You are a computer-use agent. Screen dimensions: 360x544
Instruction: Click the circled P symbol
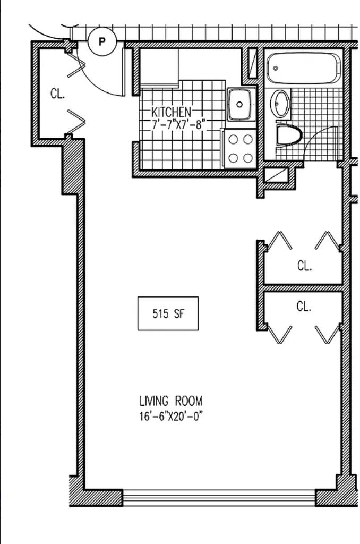pos(101,41)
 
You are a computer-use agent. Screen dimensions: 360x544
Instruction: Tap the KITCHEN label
pos(171,112)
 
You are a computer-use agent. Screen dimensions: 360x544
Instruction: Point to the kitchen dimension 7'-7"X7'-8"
pos(176,124)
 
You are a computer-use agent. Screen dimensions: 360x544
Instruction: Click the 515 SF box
pos(168,313)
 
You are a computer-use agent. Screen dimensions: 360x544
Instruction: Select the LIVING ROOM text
pos(170,401)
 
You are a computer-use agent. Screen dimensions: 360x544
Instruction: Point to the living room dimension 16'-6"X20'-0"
pos(170,416)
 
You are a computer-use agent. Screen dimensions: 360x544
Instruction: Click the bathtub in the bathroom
pos(304,68)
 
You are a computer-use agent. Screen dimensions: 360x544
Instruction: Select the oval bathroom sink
pos(279,104)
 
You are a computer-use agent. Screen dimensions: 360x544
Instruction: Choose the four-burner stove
pos(240,149)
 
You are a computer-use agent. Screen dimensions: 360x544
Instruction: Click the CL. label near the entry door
pos(57,93)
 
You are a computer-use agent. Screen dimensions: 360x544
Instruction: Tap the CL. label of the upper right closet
pos(304,266)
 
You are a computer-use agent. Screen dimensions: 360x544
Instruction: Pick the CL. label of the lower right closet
pos(304,307)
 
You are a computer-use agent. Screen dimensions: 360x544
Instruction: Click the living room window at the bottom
pos(219,498)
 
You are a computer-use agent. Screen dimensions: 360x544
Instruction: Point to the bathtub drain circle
pos(276,68)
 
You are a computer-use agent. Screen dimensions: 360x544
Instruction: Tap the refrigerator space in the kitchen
pos(159,66)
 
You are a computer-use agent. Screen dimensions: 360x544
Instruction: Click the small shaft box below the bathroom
pos(276,175)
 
